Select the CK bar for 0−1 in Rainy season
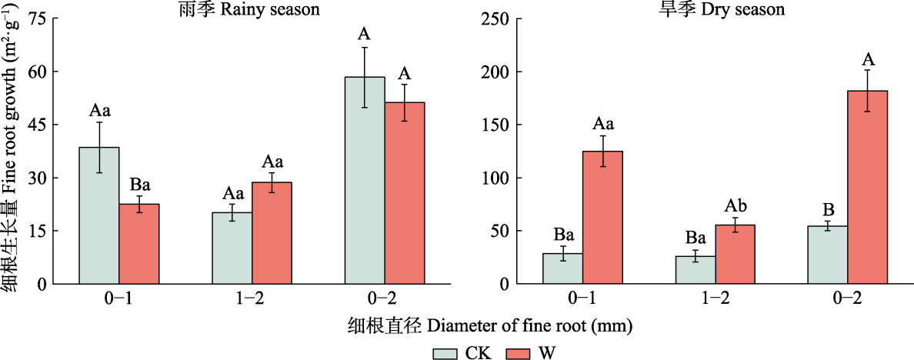[x=99, y=215]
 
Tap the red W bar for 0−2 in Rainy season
[x=405, y=193]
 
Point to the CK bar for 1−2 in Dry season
[x=696, y=270]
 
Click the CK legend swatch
[x=445, y=353]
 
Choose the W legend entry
[x=531, y=353]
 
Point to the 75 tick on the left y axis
[x=37, y=18]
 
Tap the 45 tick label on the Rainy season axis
[x=37, y=125]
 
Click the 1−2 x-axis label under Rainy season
[x=252, y=300]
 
